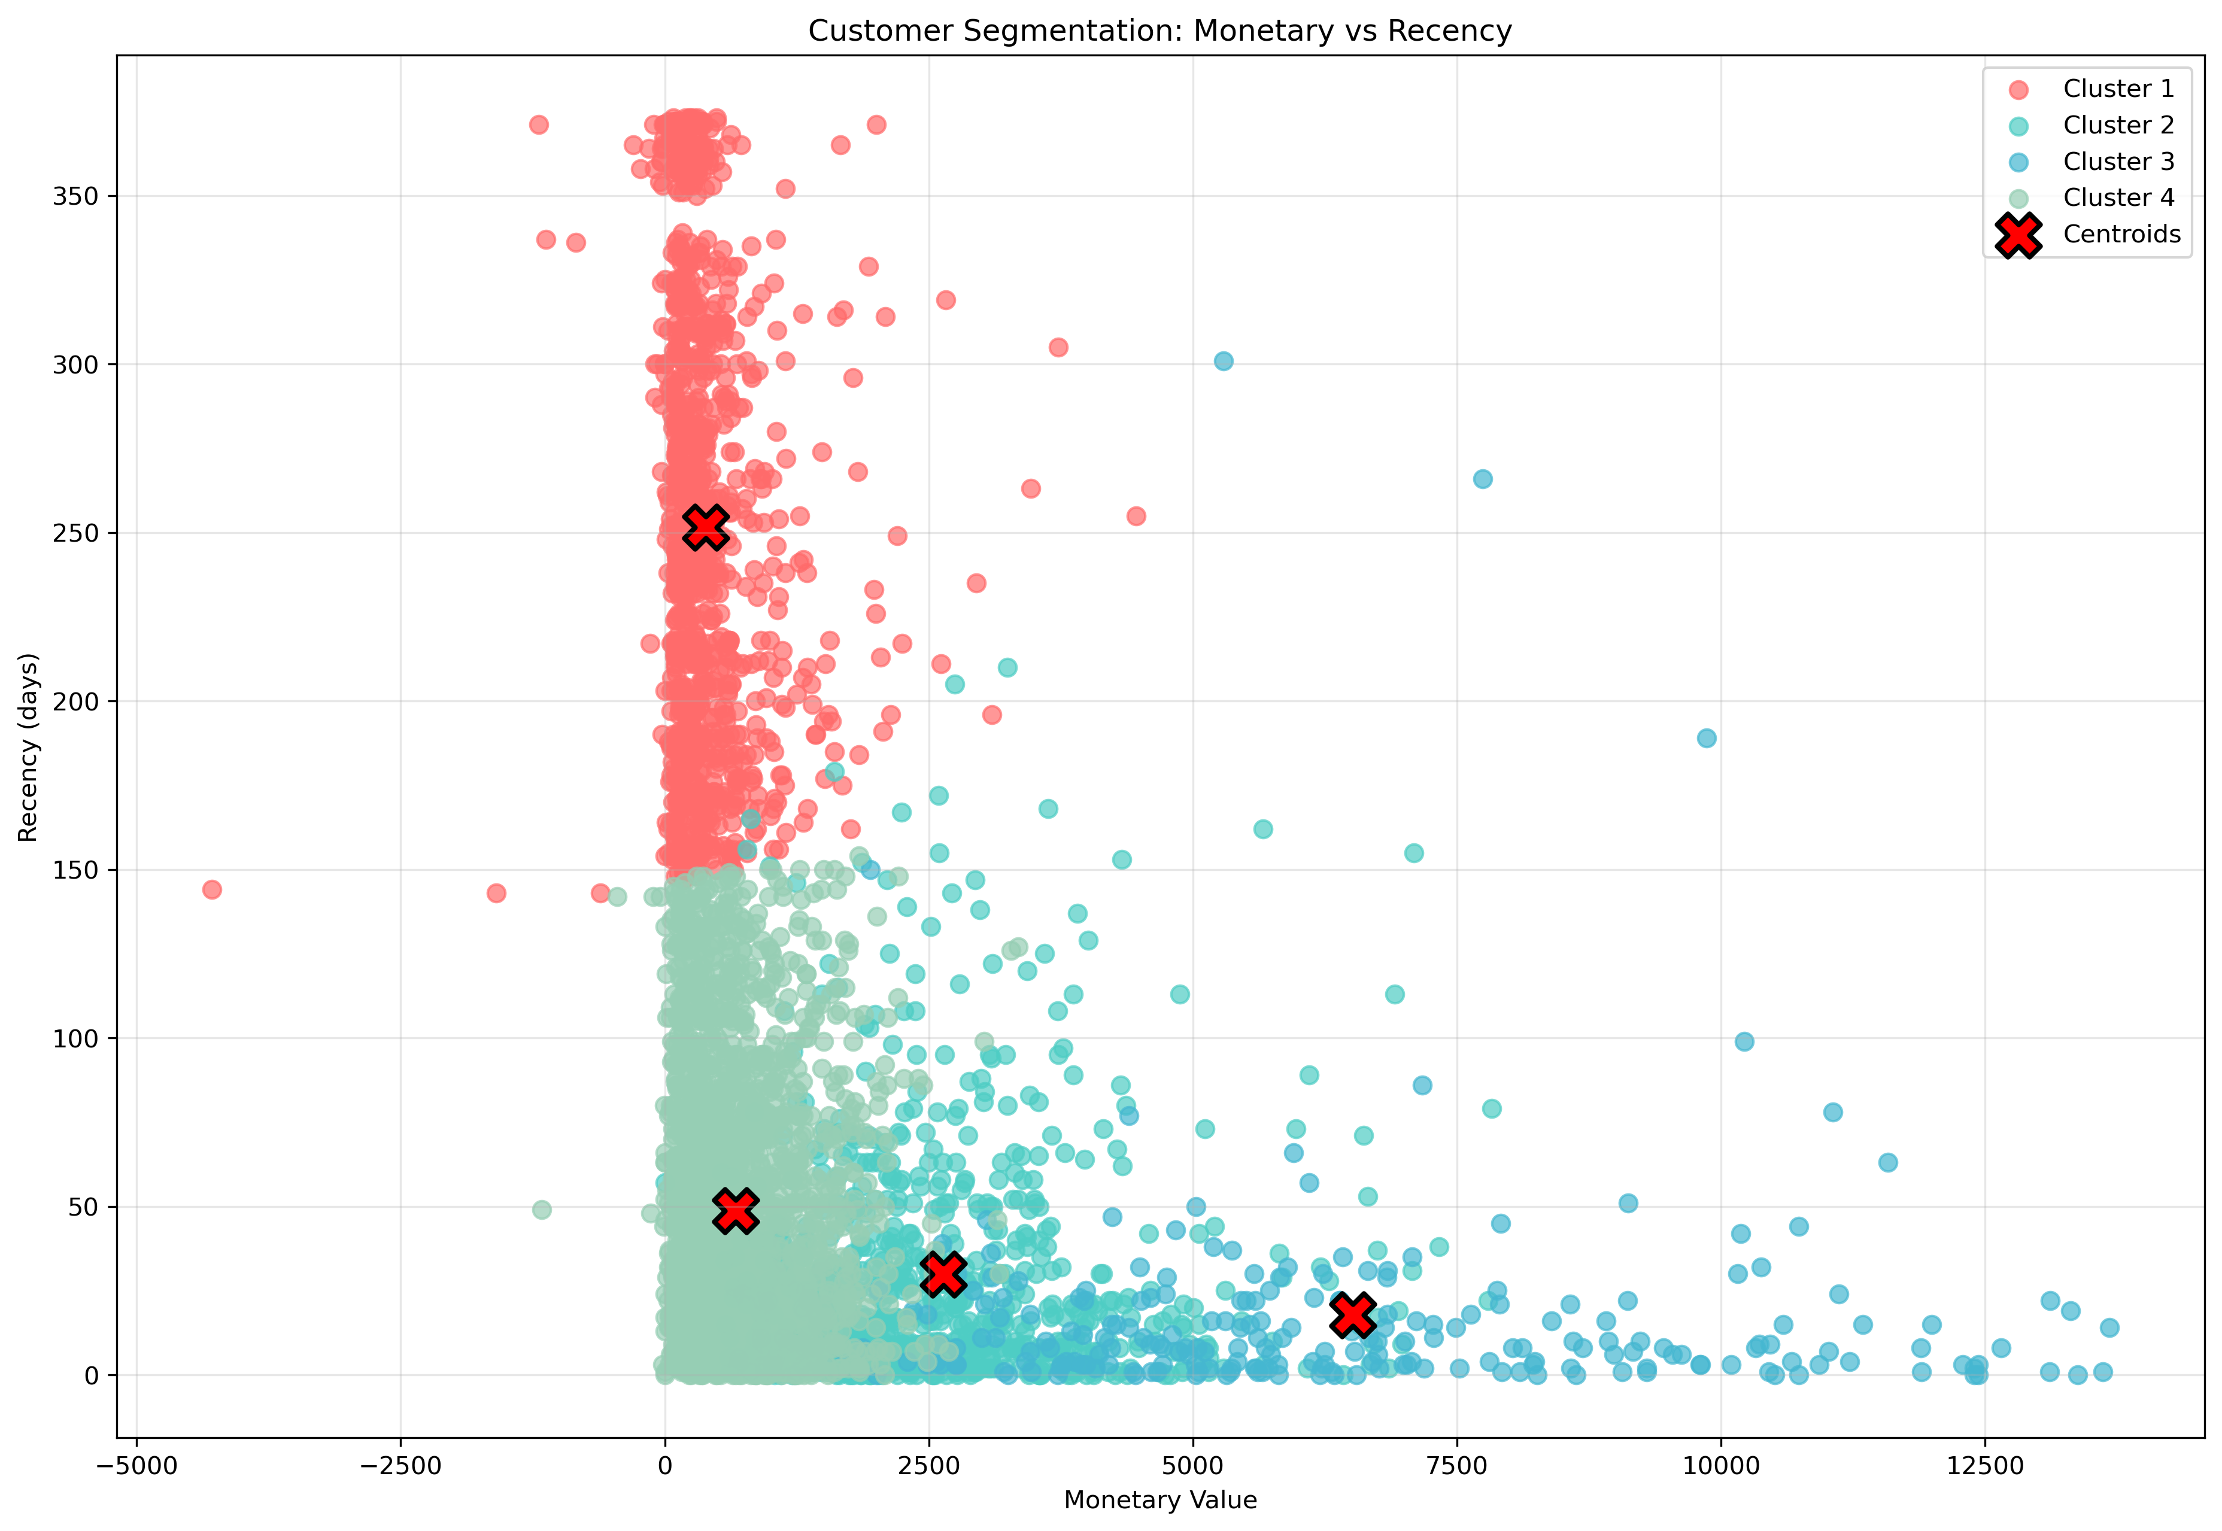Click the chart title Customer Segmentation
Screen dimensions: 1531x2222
point(1159,31)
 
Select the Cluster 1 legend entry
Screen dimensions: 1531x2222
point(2117,88)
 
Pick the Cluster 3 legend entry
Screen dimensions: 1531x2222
point(2117,161)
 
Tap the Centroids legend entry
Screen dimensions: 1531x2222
point(2120,234)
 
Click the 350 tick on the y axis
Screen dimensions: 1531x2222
point(77,196)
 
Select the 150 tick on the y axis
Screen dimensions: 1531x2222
point(77,870)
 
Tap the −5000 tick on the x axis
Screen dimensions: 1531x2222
point(136,1466)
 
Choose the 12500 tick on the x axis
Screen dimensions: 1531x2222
point(1984,1466)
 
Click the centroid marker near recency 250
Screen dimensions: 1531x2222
point(705,528)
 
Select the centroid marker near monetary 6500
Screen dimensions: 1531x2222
point(1353,1315)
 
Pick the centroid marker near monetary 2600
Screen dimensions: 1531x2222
point(942,1274)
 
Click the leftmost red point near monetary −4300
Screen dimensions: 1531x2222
point(212,889)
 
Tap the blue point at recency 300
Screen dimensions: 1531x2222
point(1224,361)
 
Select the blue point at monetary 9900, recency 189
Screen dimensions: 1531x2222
point(1706,738)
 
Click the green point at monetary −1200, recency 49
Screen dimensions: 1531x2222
point(541,1210)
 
